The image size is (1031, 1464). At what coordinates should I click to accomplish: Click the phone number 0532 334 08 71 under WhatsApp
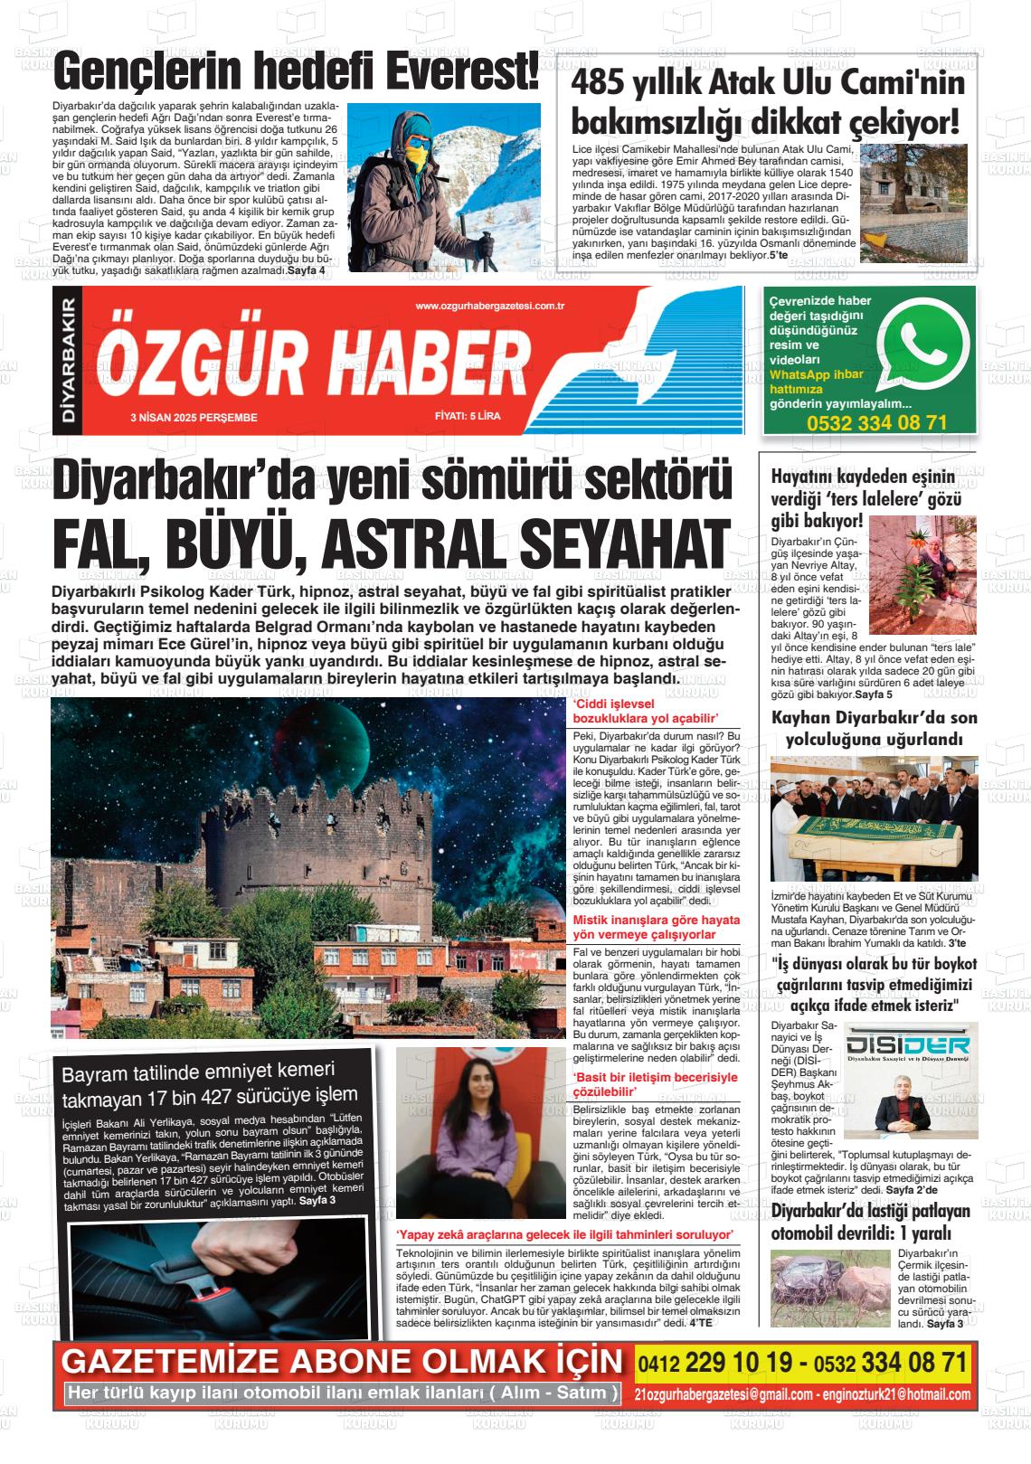click(876, 422)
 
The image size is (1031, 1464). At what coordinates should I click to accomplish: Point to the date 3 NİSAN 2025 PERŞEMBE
click(194, 418)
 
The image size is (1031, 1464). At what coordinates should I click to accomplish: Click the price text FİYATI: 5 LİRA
click(468, 417)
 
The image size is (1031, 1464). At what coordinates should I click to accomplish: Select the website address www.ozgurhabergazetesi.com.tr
click(490, 307)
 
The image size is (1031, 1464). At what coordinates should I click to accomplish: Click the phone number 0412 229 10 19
click(720, 1362)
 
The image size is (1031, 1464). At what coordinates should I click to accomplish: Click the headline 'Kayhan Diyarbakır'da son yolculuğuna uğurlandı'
click(874, 728)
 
